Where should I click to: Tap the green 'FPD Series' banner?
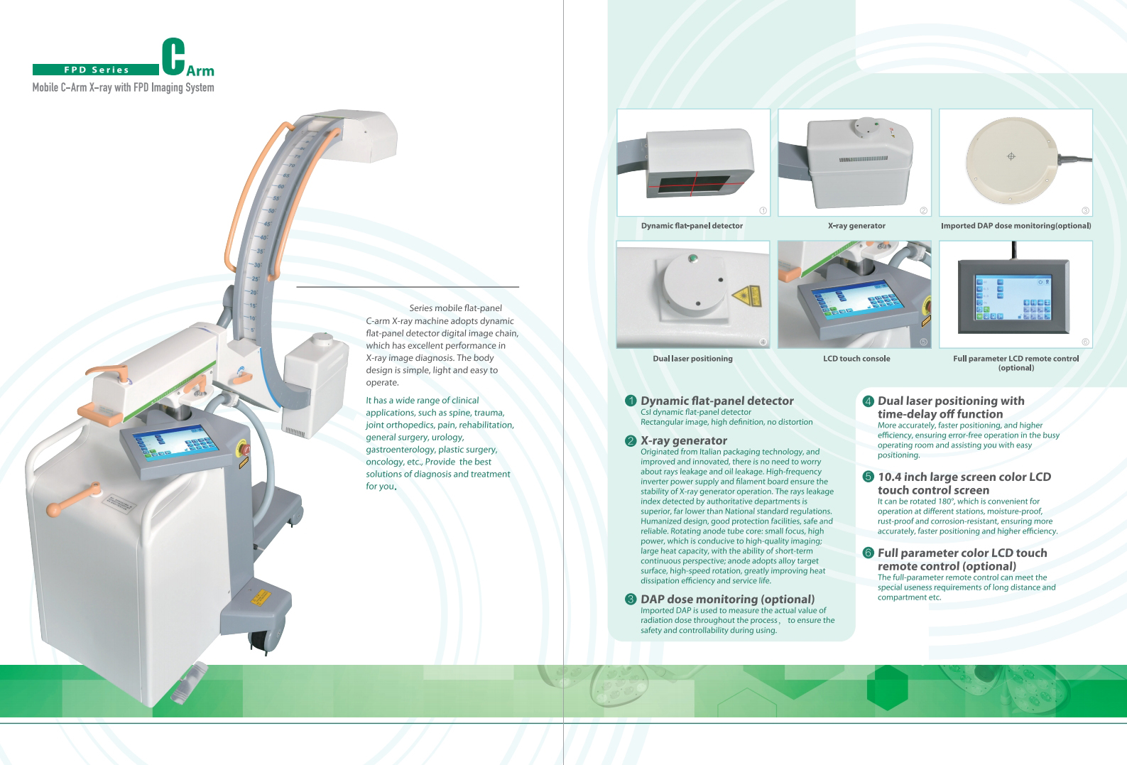(96, 70)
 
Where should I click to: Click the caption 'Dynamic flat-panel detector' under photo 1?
(692, 226)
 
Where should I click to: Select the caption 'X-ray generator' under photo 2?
(856, 226)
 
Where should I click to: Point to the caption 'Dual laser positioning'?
(692, 359)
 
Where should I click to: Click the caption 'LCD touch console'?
(856, 359)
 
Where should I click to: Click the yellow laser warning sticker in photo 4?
(746, 296)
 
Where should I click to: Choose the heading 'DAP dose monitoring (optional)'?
(727, 599)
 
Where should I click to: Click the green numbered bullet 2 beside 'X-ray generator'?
(630, 441)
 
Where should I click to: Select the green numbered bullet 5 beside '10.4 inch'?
(868, 477)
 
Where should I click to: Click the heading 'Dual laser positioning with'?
(951, 401)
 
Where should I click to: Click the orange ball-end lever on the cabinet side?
(54, 509)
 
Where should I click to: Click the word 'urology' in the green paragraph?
(447, 438)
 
